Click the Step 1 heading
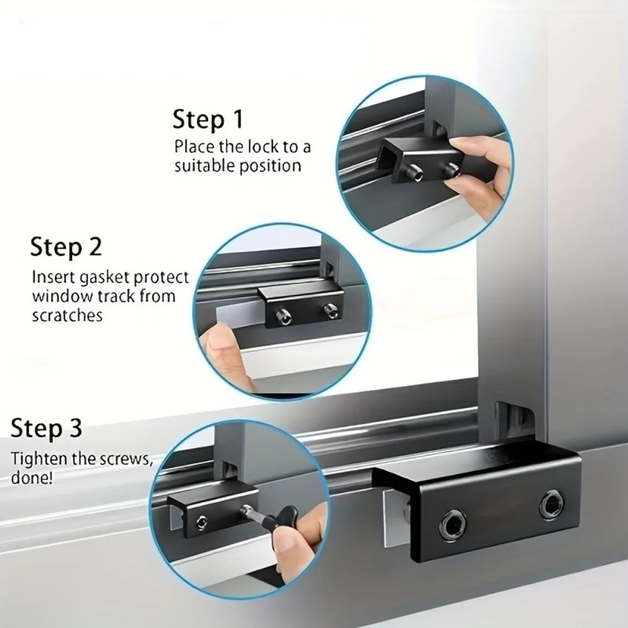(207, 119)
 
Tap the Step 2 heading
(65, 246)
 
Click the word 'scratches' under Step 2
(67, 316)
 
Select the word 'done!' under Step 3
(32, 477)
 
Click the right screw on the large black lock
(551, 503)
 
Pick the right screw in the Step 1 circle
(450, 168)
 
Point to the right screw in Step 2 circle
(330, 309)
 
